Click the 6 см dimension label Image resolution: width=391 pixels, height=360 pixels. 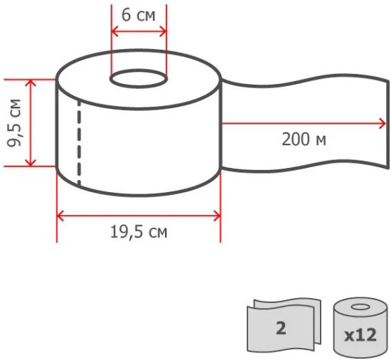139,15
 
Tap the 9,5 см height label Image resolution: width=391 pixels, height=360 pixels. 14,123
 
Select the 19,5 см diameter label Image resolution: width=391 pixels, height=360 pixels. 139,232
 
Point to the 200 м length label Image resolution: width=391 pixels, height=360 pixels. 304,139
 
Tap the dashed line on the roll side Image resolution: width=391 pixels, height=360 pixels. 80,143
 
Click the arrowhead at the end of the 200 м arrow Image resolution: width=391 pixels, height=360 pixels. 382,123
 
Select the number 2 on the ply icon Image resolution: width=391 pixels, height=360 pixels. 281,328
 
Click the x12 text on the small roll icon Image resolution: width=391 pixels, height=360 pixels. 360,335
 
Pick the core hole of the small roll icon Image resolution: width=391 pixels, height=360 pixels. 360,307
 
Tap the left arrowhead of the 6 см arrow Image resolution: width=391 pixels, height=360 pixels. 114,32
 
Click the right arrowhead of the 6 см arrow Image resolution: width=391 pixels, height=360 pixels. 163,32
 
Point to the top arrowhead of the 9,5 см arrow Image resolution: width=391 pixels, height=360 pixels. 31,83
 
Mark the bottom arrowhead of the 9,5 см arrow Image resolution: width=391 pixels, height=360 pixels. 31,163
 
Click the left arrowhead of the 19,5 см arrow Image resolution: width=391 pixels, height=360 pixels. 60,216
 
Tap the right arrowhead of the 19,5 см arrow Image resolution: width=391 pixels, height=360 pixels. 217,216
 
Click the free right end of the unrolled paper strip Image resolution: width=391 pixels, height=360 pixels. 388,125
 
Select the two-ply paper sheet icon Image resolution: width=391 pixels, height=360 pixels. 284,325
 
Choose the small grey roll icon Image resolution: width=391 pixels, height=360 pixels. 360,327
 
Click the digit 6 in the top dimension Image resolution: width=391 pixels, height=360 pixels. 126,15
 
